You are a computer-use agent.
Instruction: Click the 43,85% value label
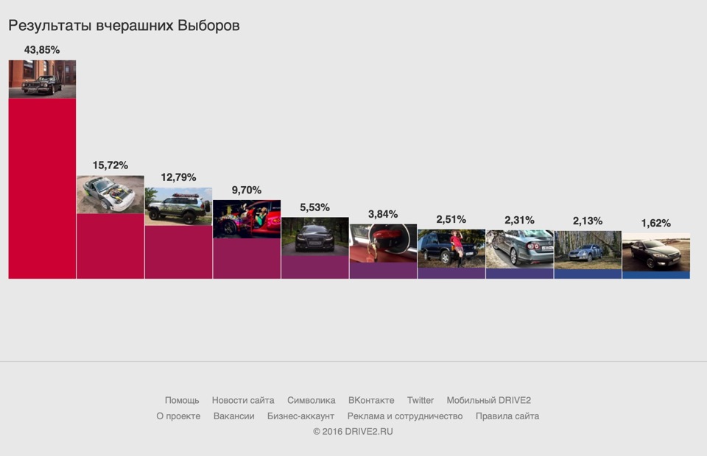[x=42, y=50]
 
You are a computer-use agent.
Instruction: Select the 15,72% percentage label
[x=110, y=165]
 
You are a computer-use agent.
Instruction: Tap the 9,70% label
[x=247, y=190]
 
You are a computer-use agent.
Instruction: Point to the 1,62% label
[x=656, y=224]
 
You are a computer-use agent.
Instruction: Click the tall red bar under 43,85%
[x=42, y=188]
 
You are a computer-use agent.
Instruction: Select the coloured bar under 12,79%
[x=178, y=252]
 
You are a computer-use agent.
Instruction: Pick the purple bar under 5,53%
[x=315, y=266]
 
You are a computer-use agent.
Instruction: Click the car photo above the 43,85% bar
[x=42, y=79]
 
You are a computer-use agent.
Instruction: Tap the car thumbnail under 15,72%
[x=110, y=194]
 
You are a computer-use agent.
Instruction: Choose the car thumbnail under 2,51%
[x=451, y=248]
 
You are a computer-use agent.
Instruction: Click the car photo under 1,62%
[x=656, y=252]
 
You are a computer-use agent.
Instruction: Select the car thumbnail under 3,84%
[x=383, y=243]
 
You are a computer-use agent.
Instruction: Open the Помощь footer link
[x=182, y=401]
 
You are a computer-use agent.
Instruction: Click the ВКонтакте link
[x=371, y=401]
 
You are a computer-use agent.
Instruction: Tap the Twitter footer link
[x=421, y=401]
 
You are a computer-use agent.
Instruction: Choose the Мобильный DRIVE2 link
[x=488, y=401]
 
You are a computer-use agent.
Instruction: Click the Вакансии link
[x=233, y=416]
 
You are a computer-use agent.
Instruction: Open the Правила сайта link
[x=507, y=416]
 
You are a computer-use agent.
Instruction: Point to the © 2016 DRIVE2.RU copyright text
[x=353, y=432]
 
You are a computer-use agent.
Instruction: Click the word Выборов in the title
[x=209, y=26]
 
